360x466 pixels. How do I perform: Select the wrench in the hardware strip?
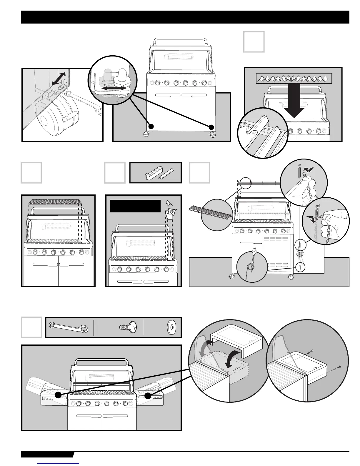(69, 327)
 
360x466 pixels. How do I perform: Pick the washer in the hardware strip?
(171, 327)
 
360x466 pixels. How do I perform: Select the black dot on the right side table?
(148, 396)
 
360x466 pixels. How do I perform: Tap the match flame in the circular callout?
(253, 251)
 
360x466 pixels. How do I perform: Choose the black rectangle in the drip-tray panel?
(135, 206)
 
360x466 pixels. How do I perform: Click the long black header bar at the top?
(185, 17)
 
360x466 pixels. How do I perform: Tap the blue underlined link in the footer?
(59, 464)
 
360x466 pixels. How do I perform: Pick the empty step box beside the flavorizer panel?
(254, 42)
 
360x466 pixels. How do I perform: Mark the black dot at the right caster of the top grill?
(211, 127)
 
